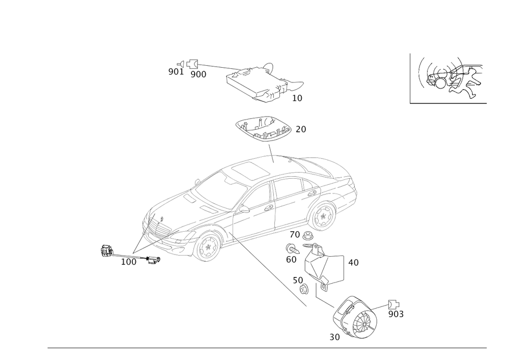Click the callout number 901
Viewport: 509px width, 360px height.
click(x=176, y=72)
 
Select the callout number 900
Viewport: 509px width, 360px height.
click(x=199, y=75)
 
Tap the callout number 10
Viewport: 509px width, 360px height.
click(x=297, y=98)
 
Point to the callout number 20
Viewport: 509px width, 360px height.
click(x=301, y=129)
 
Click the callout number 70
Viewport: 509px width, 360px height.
click(x=295, y=234)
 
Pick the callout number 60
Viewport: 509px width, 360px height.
click(x=291, y=260)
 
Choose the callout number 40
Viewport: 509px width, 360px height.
click(x=354, y=263)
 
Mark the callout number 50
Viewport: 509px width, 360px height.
click(x=298, y=280)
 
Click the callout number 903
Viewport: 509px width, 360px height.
click(x=396, y=314)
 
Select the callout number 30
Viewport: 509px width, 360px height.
click(x=335, y=337)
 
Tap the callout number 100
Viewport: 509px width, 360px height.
click(x=129, y=262)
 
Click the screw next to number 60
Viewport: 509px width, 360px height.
click(x=293, y=250)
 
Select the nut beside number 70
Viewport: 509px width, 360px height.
click(x=307, y=235)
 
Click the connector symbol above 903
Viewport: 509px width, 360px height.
click(x=394, y=304)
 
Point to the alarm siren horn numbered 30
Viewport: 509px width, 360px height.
click(x=355, y=317)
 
